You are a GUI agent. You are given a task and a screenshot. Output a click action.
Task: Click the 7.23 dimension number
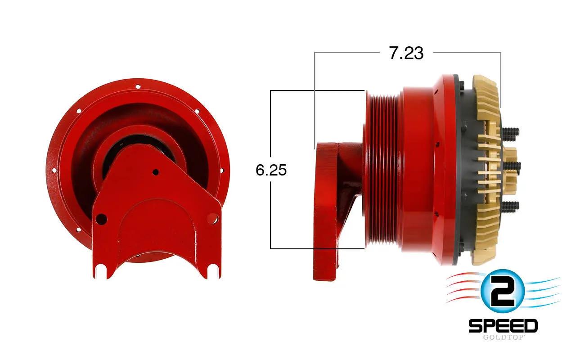click(406, 53)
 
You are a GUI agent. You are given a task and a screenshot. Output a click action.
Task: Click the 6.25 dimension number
click(271, 170)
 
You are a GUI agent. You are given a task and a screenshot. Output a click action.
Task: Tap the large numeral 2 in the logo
click(502, 291)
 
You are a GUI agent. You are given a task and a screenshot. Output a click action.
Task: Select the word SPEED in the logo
click(503, 326)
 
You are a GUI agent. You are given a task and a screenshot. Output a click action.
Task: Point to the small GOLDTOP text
click(503, 337)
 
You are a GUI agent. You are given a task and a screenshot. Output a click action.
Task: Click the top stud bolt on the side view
click(510, 132)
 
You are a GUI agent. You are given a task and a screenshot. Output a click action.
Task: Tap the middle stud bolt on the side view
click(511, 166)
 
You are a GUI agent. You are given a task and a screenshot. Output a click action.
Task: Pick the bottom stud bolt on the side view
click(510, 206)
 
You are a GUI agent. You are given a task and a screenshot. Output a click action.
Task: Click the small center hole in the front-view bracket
click(156, 172)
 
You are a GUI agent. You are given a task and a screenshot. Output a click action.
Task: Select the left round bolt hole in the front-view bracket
click(101, 219)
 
